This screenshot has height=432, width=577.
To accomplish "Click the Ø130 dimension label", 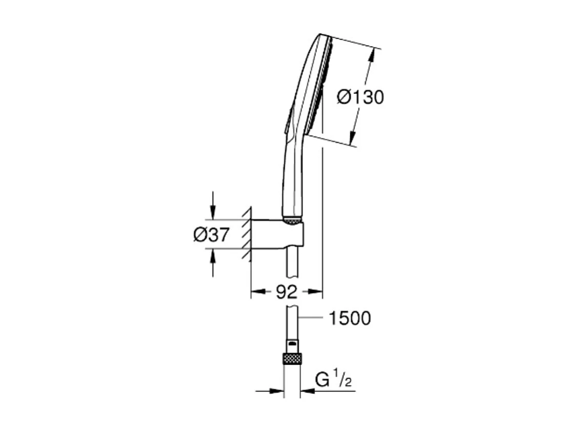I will [x=361, y=96].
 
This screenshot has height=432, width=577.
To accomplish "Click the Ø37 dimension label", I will [x=211, y=235].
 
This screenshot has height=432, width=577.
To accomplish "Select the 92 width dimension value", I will [x=286, y=292].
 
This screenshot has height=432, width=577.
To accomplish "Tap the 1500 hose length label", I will [x=349, y=318].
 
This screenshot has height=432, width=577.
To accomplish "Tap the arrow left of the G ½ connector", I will [x=277, y=391].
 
